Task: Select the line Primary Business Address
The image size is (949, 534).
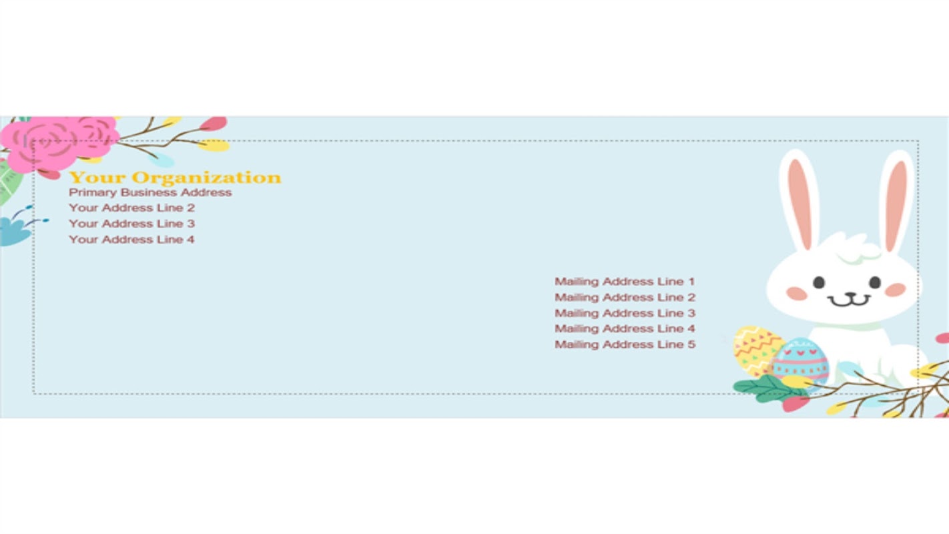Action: [150, 193]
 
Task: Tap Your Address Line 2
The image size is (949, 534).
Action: [131, 208]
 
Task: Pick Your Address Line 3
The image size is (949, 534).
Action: [131, 224]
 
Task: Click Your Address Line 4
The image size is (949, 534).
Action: [131, 240]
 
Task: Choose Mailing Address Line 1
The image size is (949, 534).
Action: [625, 282]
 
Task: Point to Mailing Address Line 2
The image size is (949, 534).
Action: [625, 298]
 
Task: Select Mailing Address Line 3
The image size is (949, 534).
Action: [625, 313]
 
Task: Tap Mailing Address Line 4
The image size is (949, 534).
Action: [625, 329]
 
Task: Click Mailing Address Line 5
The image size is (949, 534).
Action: [625, 344]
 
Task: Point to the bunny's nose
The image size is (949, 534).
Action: [851, 294]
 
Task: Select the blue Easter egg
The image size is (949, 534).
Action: [801, 362]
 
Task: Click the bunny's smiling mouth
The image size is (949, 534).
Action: [850, 301]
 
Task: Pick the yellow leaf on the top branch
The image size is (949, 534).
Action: [214, 146]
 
